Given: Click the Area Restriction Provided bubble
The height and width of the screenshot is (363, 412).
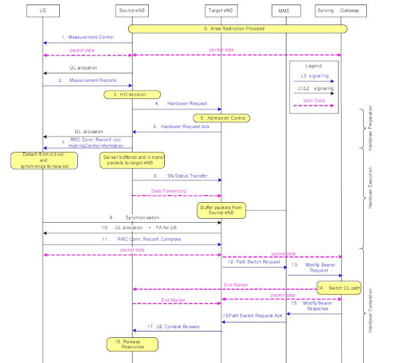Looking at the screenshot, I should pos(238,29).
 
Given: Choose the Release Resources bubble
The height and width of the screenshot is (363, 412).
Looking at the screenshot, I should pos(132,344).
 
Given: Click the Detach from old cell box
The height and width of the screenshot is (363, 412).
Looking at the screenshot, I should pos(42,160).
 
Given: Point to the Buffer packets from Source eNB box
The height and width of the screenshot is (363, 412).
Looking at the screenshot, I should pos(221,210).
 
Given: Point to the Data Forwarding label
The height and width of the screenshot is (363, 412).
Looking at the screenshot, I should pos(169,191).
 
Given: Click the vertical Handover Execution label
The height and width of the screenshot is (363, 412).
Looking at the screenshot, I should pos(369,187).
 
